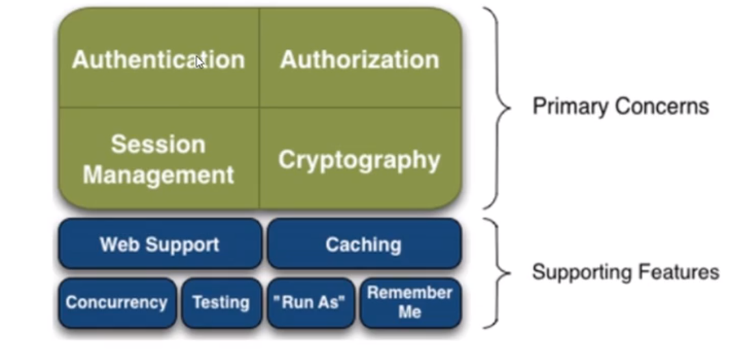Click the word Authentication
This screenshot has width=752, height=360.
[158, 60]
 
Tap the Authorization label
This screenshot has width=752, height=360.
[359, 60]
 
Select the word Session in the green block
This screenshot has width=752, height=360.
[158, 144]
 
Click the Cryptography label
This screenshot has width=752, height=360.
[359, 160]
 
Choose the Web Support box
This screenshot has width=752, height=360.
[160, 244]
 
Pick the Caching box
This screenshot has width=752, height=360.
[363, 244]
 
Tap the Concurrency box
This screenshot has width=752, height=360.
[117, 302]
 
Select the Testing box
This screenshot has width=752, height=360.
[221, 302]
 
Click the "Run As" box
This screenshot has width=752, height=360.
[311, 302]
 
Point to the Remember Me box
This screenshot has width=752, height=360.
[410, 302]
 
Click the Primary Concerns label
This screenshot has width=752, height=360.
[620, 106]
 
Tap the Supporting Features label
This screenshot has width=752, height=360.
[625, 272]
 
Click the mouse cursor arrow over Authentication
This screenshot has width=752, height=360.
[199, 62]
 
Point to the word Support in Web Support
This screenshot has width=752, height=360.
[187, 244]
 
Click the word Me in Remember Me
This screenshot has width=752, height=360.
[410, 312]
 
